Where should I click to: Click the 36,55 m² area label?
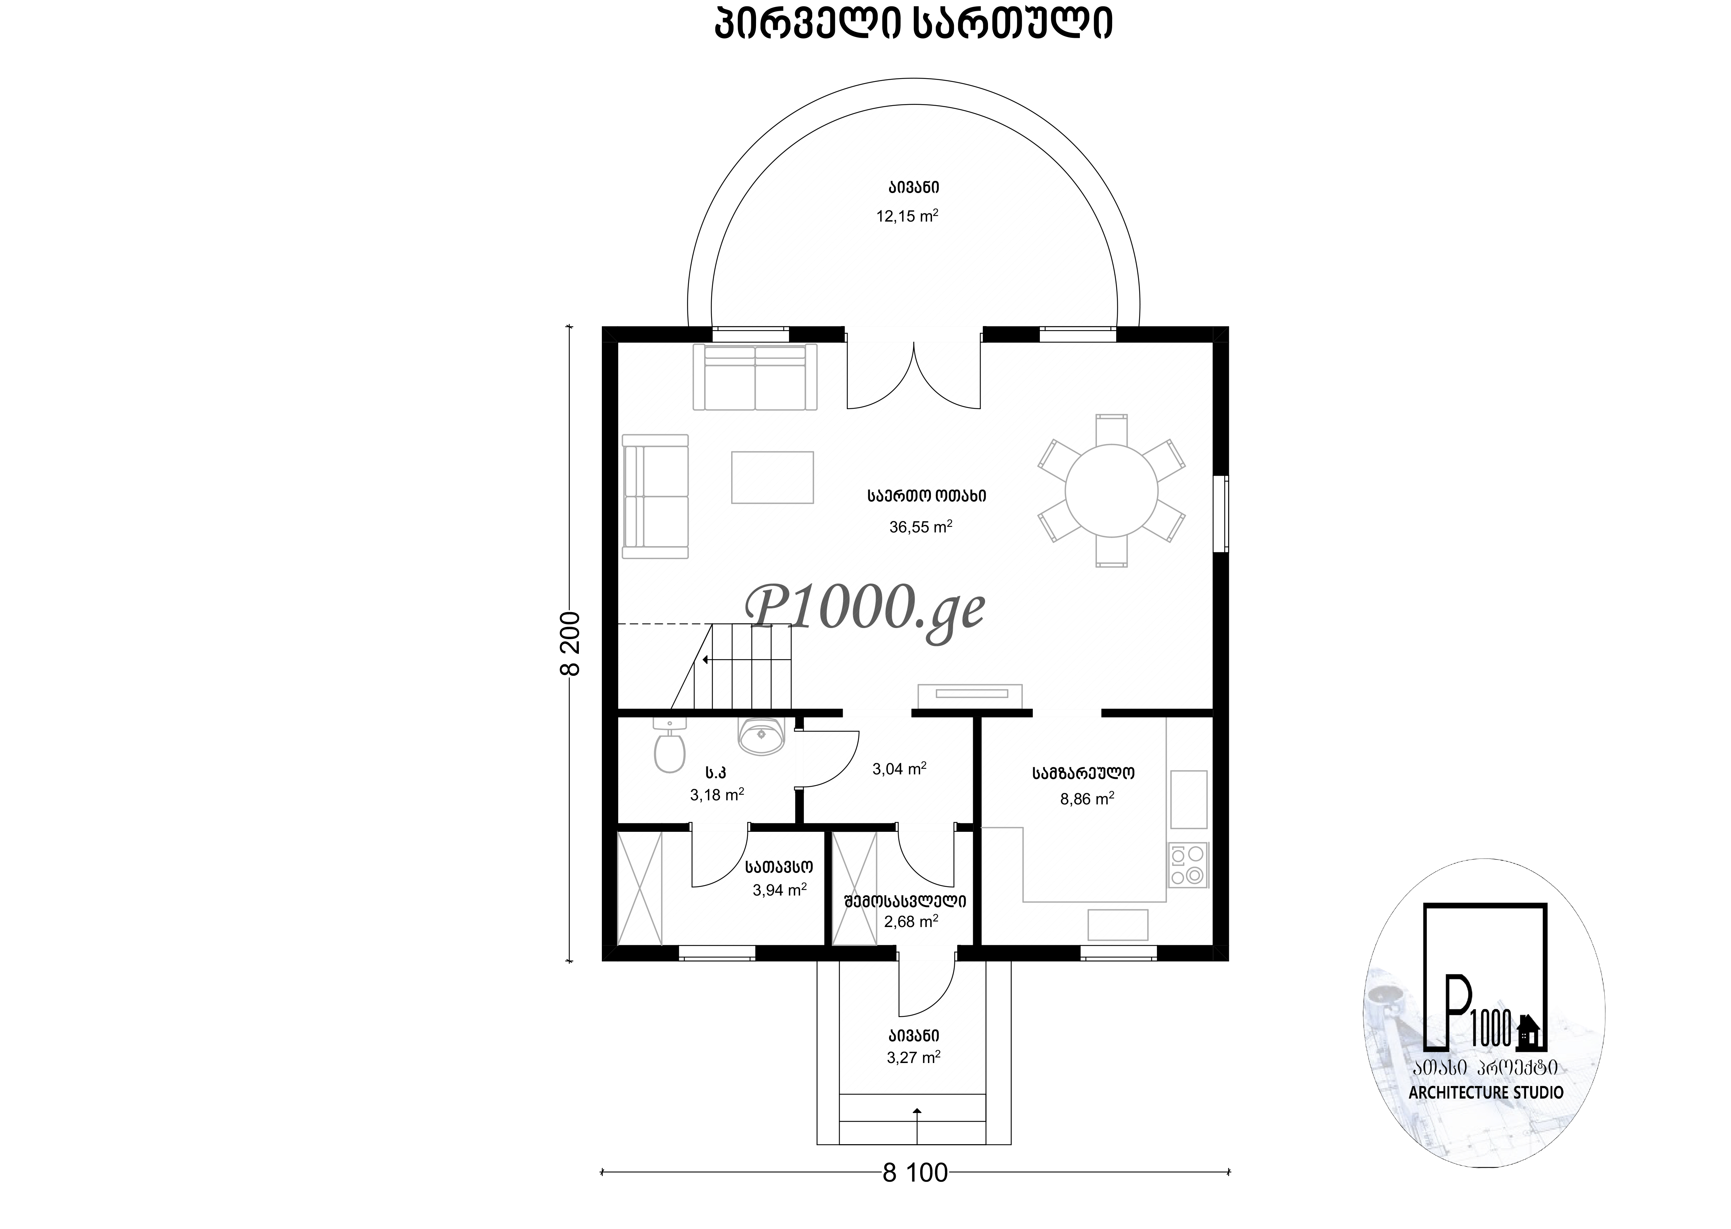[921, 527]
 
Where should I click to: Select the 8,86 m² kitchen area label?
[1087, 798]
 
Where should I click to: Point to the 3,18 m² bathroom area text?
[717, 795]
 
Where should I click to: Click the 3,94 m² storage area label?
[780, 890]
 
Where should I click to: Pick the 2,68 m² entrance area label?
[911, 922]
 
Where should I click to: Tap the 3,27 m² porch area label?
[913, 1057]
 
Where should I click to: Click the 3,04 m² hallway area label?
[899, 769]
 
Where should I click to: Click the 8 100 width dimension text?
[915, 1173]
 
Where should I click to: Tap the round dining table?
[1111, 491]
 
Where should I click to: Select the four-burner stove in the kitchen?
[1188, 865]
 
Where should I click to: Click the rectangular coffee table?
[772, 478]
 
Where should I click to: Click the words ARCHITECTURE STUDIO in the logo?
[1486, 1114]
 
